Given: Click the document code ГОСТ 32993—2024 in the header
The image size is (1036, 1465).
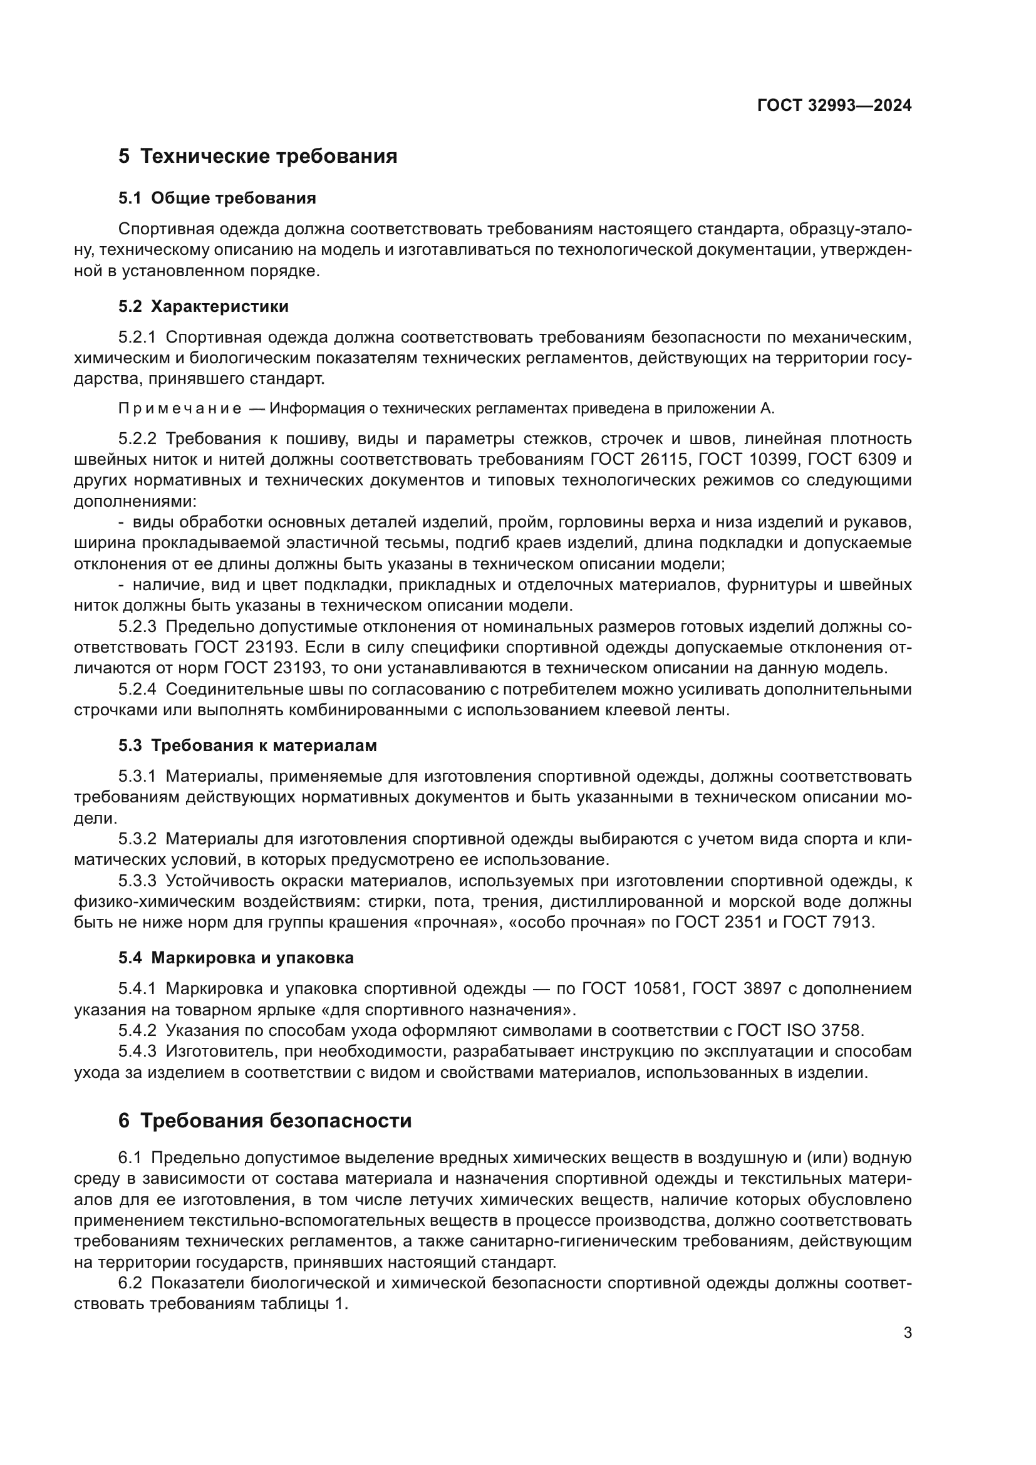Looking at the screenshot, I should [834, 106].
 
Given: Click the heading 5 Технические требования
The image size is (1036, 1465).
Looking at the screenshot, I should [257, 157].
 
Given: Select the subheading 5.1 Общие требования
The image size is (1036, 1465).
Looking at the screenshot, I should [217, 198].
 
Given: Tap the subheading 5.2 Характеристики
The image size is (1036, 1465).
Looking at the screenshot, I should [204, 306].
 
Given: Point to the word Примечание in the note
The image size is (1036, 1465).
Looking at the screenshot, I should [179, 409].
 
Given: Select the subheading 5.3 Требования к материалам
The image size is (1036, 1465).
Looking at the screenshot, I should [247, 745].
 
